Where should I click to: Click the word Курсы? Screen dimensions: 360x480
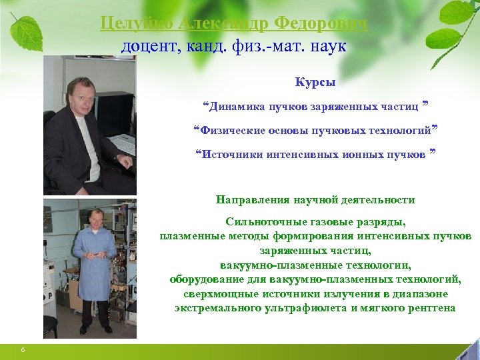[x=315, y=83]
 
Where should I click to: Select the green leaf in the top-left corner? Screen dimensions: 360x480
[x=27, y=30]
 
